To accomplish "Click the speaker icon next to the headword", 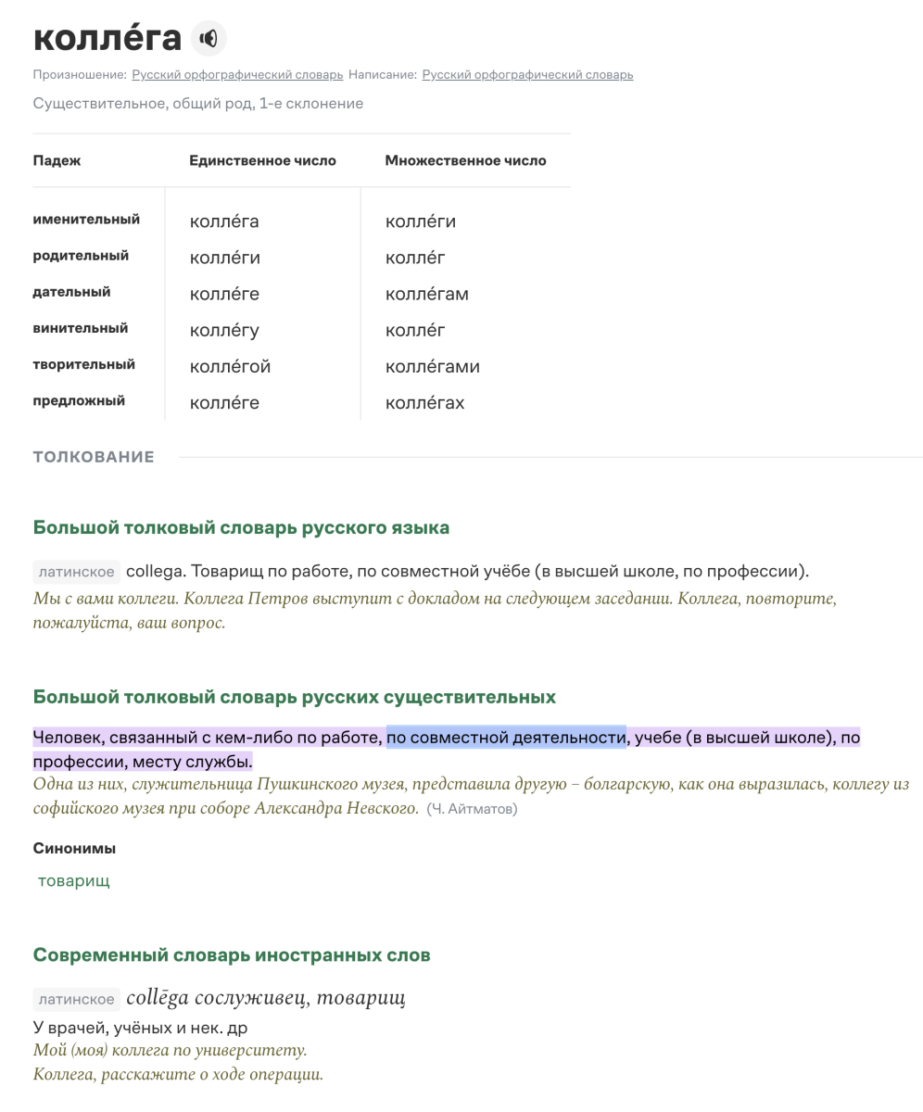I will point(209,38).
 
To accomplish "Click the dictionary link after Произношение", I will point(237,75).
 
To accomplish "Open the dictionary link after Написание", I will point(527,75).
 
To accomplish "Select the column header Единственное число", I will point(262,160).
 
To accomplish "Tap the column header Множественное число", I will point(465,160).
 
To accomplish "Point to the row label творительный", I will point(83,364).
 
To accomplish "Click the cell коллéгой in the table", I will point(230,367).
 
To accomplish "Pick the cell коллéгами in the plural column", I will point(432,367).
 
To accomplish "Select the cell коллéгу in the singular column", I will point(224,331).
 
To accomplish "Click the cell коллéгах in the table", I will point(424,403).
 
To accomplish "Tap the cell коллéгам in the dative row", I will point(426,295).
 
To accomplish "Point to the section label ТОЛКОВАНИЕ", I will point(94,457).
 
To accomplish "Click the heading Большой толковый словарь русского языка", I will point(241,528).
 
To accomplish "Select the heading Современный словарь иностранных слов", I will point(232,955).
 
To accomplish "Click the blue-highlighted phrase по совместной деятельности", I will point(506,738).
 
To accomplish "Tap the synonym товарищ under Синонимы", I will point(73,881).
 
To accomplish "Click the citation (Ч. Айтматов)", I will point(472,809).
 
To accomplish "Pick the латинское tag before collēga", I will point(76,999).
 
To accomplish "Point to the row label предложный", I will point(79,400).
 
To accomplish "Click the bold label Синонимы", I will point(74,848).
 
